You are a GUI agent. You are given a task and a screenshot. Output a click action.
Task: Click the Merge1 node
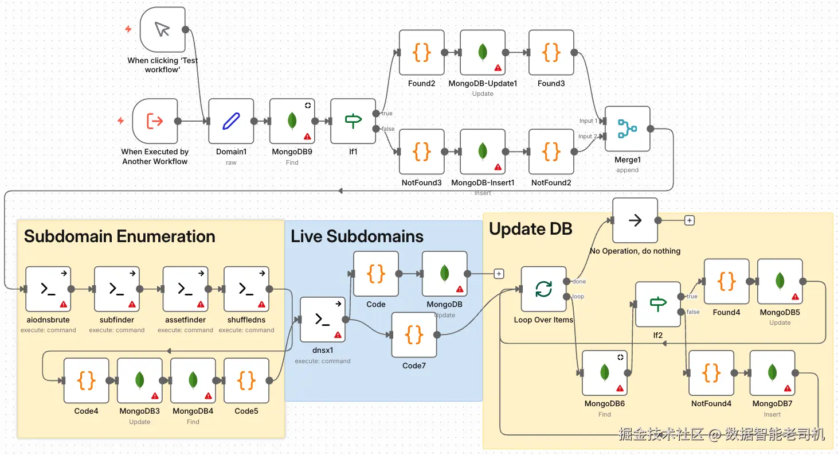[627, 129]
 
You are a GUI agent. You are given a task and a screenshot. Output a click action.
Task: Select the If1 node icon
[353, 120]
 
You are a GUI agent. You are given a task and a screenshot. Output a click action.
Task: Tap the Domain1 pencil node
[230, 120]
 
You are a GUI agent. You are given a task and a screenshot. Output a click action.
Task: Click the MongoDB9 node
[292, 120]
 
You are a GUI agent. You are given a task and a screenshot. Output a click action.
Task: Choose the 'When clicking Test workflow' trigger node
[162, 29]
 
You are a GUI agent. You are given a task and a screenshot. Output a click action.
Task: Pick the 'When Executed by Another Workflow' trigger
[155, 120]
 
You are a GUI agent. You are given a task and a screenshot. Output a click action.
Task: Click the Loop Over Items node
[543, 289]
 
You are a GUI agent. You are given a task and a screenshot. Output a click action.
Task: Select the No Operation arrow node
[635, 220]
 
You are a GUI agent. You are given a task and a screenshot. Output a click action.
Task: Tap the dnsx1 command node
[323, 320]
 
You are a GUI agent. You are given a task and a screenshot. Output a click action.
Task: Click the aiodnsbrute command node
[48, 289]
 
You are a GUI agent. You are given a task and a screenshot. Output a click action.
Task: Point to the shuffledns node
[246, 289]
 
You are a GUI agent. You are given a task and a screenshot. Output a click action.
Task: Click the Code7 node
[414, 335]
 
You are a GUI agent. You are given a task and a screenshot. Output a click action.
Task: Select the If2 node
[658, 304]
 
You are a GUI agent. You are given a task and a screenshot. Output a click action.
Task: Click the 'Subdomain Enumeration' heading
[119, 236]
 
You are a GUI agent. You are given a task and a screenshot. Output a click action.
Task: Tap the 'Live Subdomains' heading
[357, 236]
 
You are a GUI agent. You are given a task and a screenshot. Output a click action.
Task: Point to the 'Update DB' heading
[530, 229]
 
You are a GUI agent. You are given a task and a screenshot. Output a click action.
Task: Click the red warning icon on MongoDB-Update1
[498, 68]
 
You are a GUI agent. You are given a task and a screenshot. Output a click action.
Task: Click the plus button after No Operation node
[690, 220]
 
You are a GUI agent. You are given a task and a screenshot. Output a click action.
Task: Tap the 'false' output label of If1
[388, 129]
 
